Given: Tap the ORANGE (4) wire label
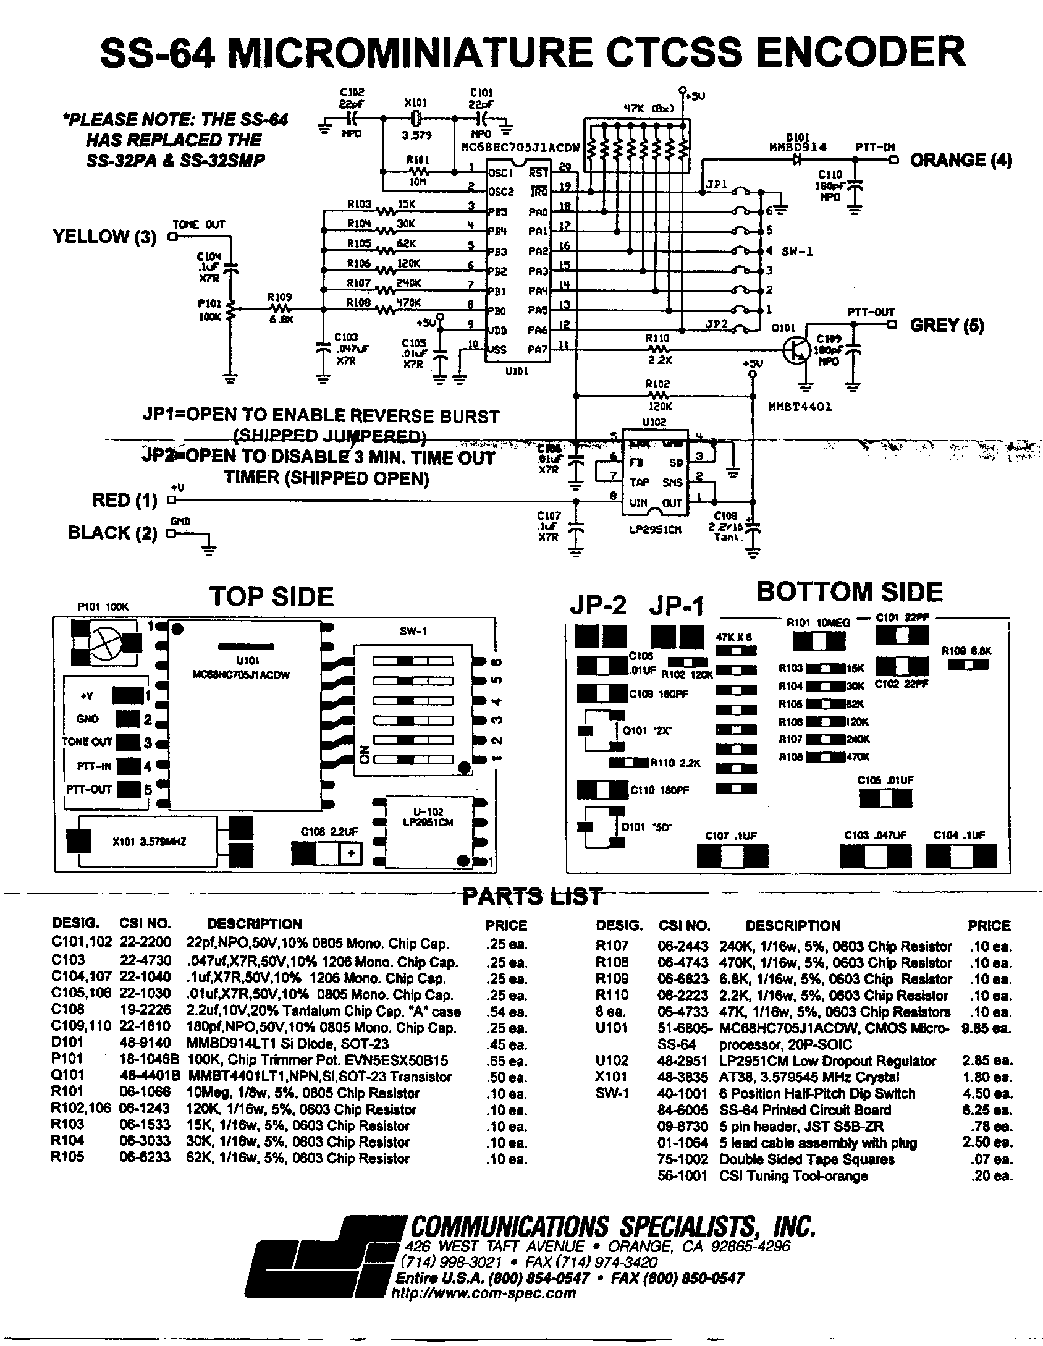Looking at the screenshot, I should click(x=961, y=160).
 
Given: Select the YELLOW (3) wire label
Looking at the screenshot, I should click(x=104, y=236).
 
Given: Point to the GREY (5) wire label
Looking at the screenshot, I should click(x=947, y=325).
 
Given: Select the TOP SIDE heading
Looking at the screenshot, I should click(x=271, y=596).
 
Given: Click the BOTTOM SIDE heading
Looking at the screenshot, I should click(x=850, y=591).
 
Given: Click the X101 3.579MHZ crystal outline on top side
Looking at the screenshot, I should click(x=148, y=841).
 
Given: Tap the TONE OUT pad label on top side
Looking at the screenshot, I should click(x=87, y=741).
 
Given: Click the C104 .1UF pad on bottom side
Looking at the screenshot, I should click(x=961, y=857).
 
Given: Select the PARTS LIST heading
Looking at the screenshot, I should click(x=532, y=896).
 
